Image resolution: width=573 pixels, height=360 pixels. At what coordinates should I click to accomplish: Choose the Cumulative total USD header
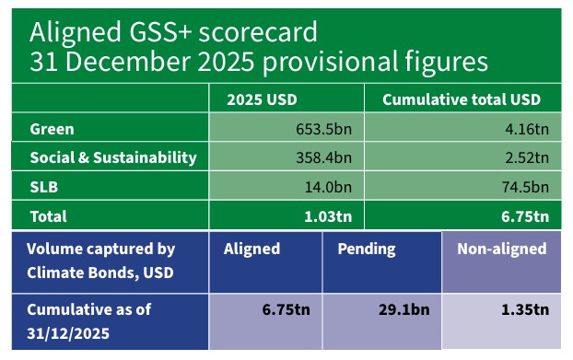click(x=461, y=99)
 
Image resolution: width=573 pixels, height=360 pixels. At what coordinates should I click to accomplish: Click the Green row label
click(x=52, y=129)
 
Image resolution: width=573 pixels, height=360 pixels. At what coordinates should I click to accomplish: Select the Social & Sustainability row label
click(x=113, y=157)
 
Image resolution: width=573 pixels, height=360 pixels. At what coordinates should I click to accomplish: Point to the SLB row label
click(x=44, y=187)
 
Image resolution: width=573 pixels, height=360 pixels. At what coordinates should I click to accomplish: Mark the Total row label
click(x=49, y=217)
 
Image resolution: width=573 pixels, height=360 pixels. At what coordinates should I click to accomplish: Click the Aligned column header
click(x=251, y=249)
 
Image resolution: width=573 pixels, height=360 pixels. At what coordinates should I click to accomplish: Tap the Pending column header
click(x=366, y=249)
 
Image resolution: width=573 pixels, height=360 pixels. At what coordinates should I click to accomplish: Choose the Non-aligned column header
click(x=502, y=249)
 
